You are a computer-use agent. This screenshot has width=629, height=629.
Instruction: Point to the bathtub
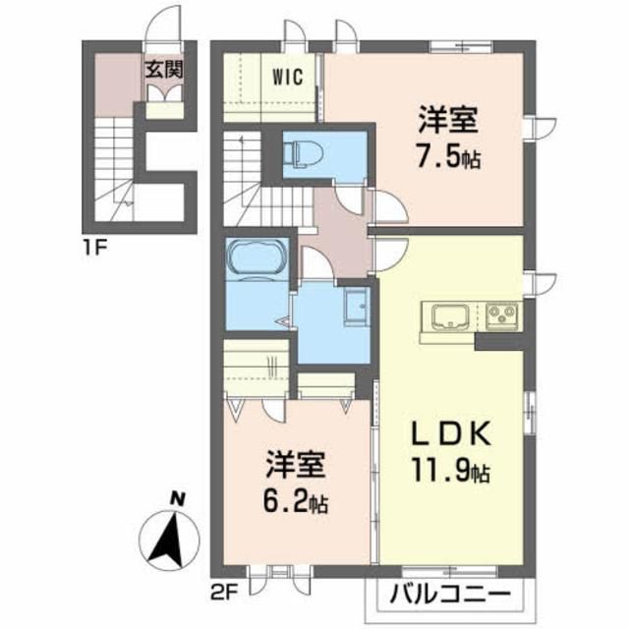pyautogui.click(x=257, y=262)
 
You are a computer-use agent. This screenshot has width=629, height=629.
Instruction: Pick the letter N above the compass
pyautogui.click(x=176, y=497)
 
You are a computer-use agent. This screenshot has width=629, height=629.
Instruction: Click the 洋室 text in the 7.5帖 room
pyautogui.click(x=448, y=122)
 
